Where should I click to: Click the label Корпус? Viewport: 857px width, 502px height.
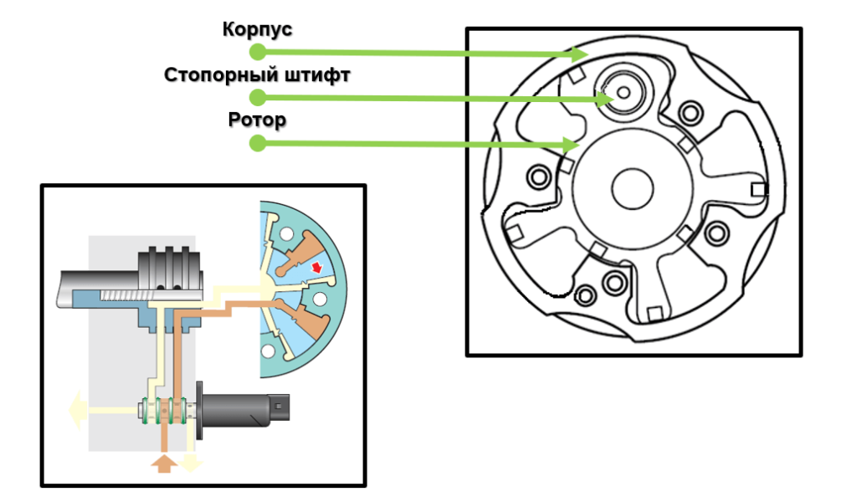(257, 29)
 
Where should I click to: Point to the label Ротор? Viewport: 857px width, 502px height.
(257, 120)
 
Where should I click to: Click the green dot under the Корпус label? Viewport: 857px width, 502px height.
(258, 51)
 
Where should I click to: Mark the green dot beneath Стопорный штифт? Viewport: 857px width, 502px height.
(258, 97)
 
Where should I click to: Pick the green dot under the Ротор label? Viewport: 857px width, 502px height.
(258, 143)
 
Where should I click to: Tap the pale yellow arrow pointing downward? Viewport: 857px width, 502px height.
(191, 462)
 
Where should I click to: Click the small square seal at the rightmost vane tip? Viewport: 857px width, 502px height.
(758, 189)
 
